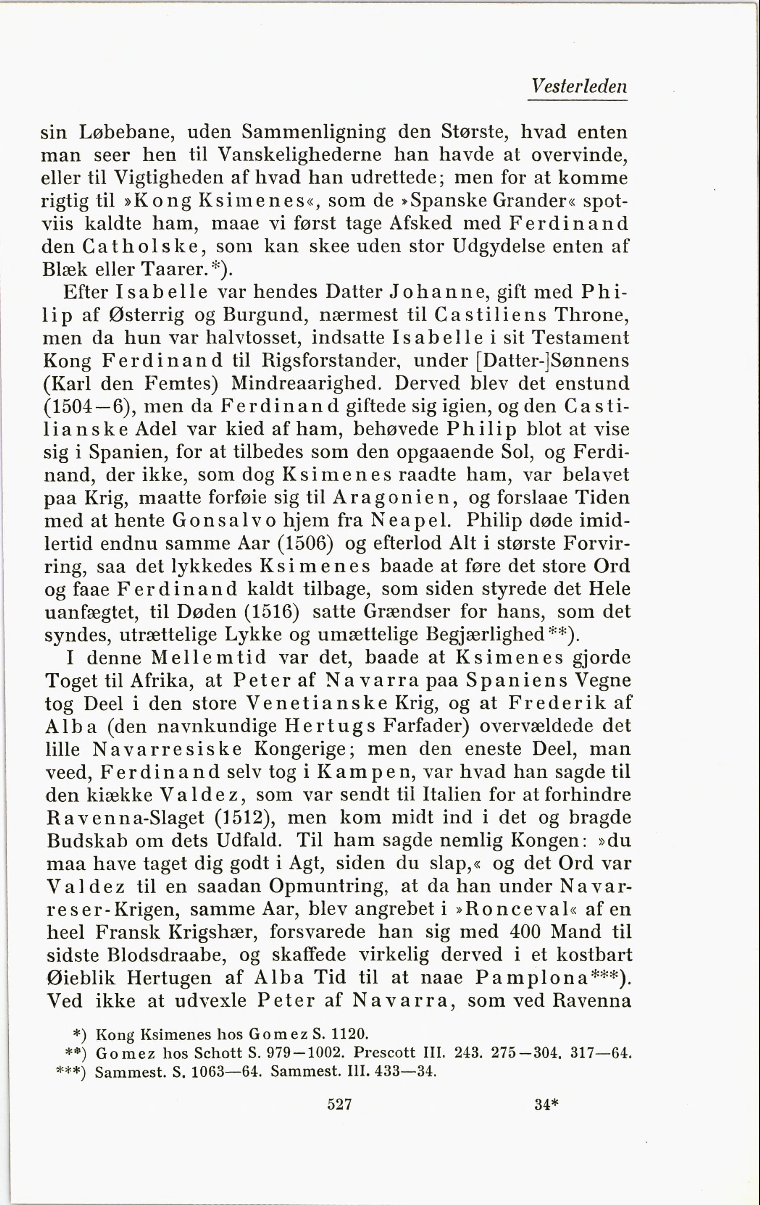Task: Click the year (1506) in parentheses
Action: coord(305,543)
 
